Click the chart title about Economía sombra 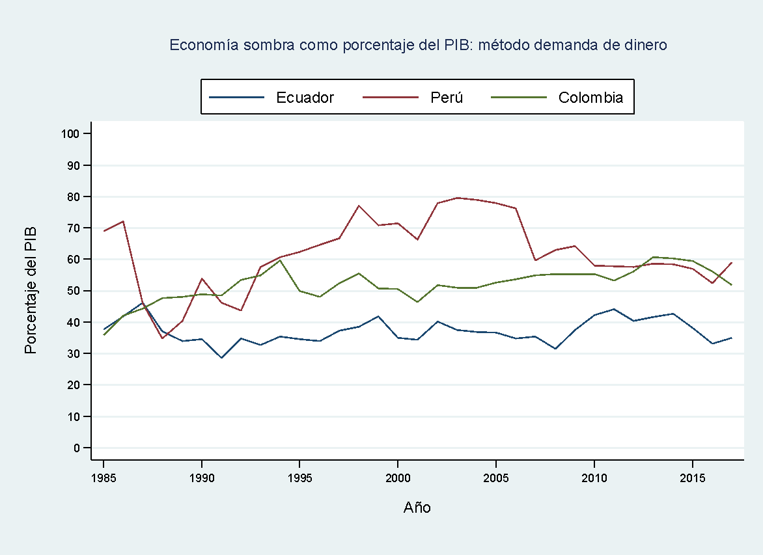pos(418,45)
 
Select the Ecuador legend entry pos(305,98)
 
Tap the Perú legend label pos(447,98)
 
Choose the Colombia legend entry pos(590,98)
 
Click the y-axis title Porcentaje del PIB pos(31,290)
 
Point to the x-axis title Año pos(417,508)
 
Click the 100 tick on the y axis pos(70,134)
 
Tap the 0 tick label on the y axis pos(76,448)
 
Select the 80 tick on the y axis pos(72,196)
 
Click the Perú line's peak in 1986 pos(123,221)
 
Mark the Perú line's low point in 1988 pos(162,338)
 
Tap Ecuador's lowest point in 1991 pos(221,358)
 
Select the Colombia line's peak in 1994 pos(280,260)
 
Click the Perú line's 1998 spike pos(359,206)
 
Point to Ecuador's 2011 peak pos(613,309)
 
